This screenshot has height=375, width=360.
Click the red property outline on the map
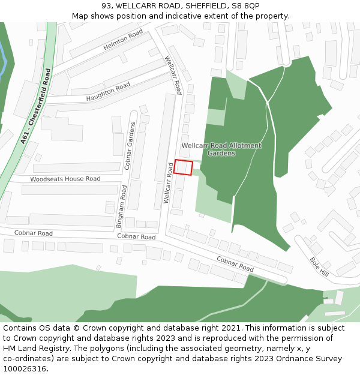[x=184, y=168]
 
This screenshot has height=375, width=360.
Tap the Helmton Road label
[x=124, y=40]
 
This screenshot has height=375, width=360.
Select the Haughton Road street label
[x=108, y=91]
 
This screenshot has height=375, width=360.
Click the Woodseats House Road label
[x=65, y=179]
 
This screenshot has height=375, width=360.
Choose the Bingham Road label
[x=122, y=207]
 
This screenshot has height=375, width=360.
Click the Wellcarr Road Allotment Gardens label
[x=221, y=149]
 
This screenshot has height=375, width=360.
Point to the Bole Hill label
[x=319, y=266]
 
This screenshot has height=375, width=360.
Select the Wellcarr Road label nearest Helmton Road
[x=173, y=75]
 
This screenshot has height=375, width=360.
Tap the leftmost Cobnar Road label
[x=34, y=233]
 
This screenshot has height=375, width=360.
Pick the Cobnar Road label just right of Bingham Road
[x=136, y=237]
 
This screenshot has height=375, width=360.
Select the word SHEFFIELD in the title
[x=206, y=5]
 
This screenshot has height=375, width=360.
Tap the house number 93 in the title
[x=106, y=5]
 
